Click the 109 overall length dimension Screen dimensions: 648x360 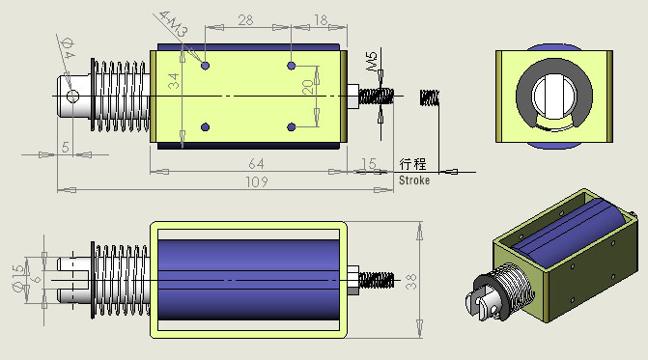click(257, 182)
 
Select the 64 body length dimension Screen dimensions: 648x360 click(256, 164)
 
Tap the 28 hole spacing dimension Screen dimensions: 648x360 click(245, 20)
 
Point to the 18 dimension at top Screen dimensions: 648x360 click(321, 20)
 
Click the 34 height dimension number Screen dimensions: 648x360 click(174, 81)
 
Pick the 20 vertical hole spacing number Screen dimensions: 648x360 click(308, 87)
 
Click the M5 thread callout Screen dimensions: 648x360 click(372, 61)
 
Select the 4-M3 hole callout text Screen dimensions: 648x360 click(174, 24)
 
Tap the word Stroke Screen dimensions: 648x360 click(414, 180)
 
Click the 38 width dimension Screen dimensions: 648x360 click(411, 281)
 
